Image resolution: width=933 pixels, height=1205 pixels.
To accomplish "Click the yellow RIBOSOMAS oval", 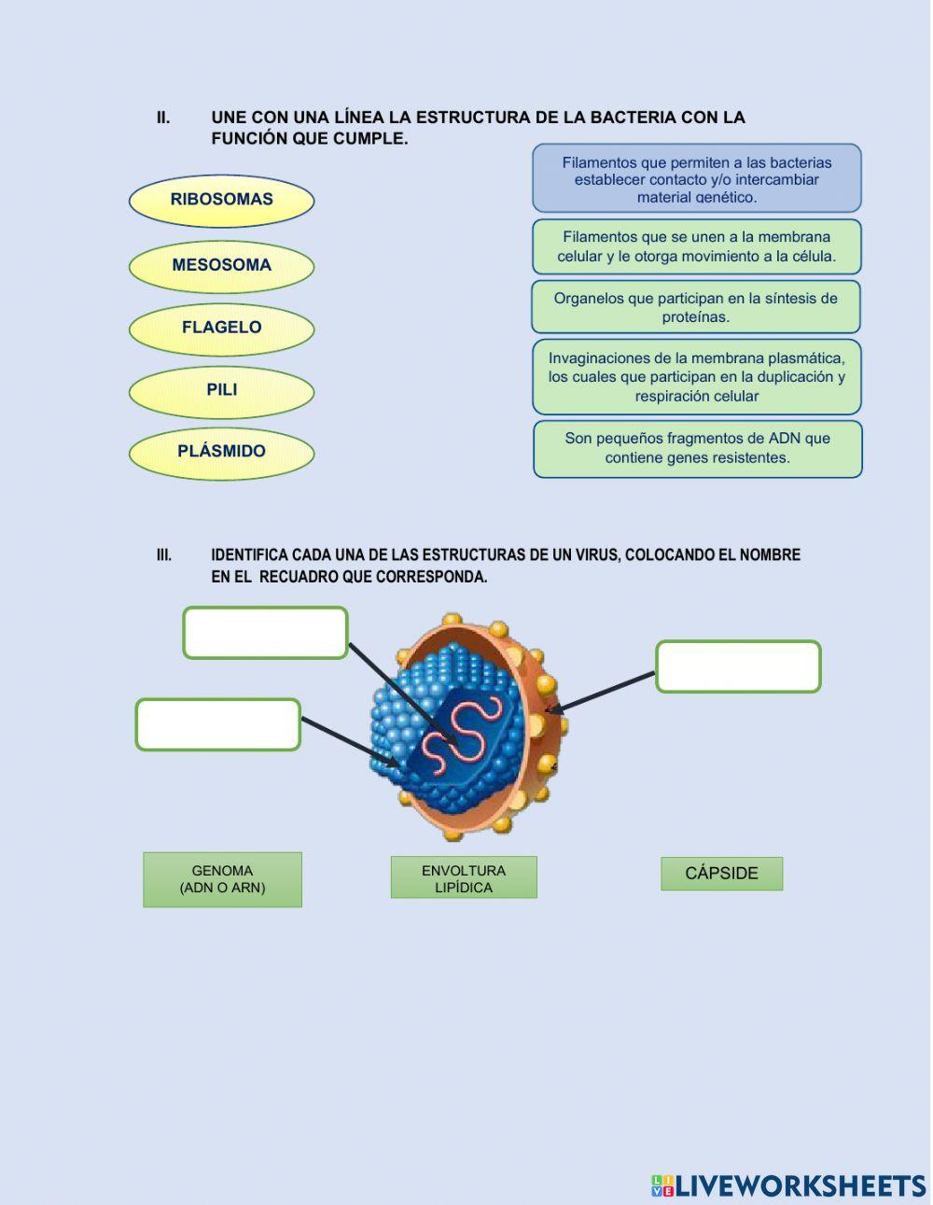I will coord(221,200).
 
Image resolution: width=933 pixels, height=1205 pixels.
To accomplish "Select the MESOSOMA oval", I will coord(221,266).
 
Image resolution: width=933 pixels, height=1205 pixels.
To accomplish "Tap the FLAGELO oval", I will coord(221,329).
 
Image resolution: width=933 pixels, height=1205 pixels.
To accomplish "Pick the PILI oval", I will coord(221,391).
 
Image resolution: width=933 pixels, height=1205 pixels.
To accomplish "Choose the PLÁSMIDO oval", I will coord(221,453).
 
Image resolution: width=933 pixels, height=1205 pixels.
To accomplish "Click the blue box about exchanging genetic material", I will coord(696,178).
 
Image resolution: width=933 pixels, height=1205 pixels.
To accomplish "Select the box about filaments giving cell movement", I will coord(696,246).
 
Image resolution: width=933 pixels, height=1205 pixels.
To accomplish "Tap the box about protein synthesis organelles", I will coord(696,307).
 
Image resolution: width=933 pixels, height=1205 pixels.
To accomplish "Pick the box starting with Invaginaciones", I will coord(696,377).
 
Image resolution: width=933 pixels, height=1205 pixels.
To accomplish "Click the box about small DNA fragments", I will coord(697,448).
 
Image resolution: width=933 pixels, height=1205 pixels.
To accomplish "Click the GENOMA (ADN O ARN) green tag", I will coord(222,879).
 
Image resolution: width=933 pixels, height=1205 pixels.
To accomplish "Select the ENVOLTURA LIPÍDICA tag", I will coord(464,878).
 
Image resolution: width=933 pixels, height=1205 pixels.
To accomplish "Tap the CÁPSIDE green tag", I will coord(721,874).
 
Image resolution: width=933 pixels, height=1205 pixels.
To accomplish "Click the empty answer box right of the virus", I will coord(738,666).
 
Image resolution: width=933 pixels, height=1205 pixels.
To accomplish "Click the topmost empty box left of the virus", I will coord(265,633).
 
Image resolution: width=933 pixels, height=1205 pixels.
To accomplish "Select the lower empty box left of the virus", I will coord(218,724).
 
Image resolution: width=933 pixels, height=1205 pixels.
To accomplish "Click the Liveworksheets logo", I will coord(788,1185).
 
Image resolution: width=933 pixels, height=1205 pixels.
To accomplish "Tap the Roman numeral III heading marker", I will coord(164,555).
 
